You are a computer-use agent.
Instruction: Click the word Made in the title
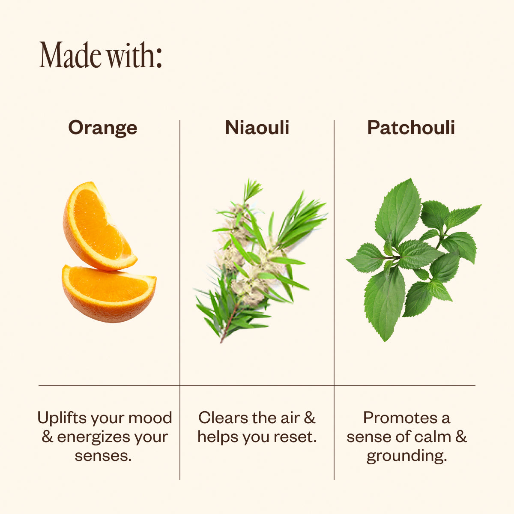[70, 55]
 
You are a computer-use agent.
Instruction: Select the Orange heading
[103, 128]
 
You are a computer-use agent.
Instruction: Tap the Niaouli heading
[257, 128]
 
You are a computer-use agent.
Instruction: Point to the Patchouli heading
[411, 128]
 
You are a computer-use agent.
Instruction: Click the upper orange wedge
[99, 227]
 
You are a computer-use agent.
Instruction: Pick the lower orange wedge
[109, 293]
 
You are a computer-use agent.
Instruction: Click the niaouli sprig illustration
[260, 260]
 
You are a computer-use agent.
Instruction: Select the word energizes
[93, 438]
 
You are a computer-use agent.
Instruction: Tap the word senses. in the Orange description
[103, 456]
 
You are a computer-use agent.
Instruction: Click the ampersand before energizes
[47, 437]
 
